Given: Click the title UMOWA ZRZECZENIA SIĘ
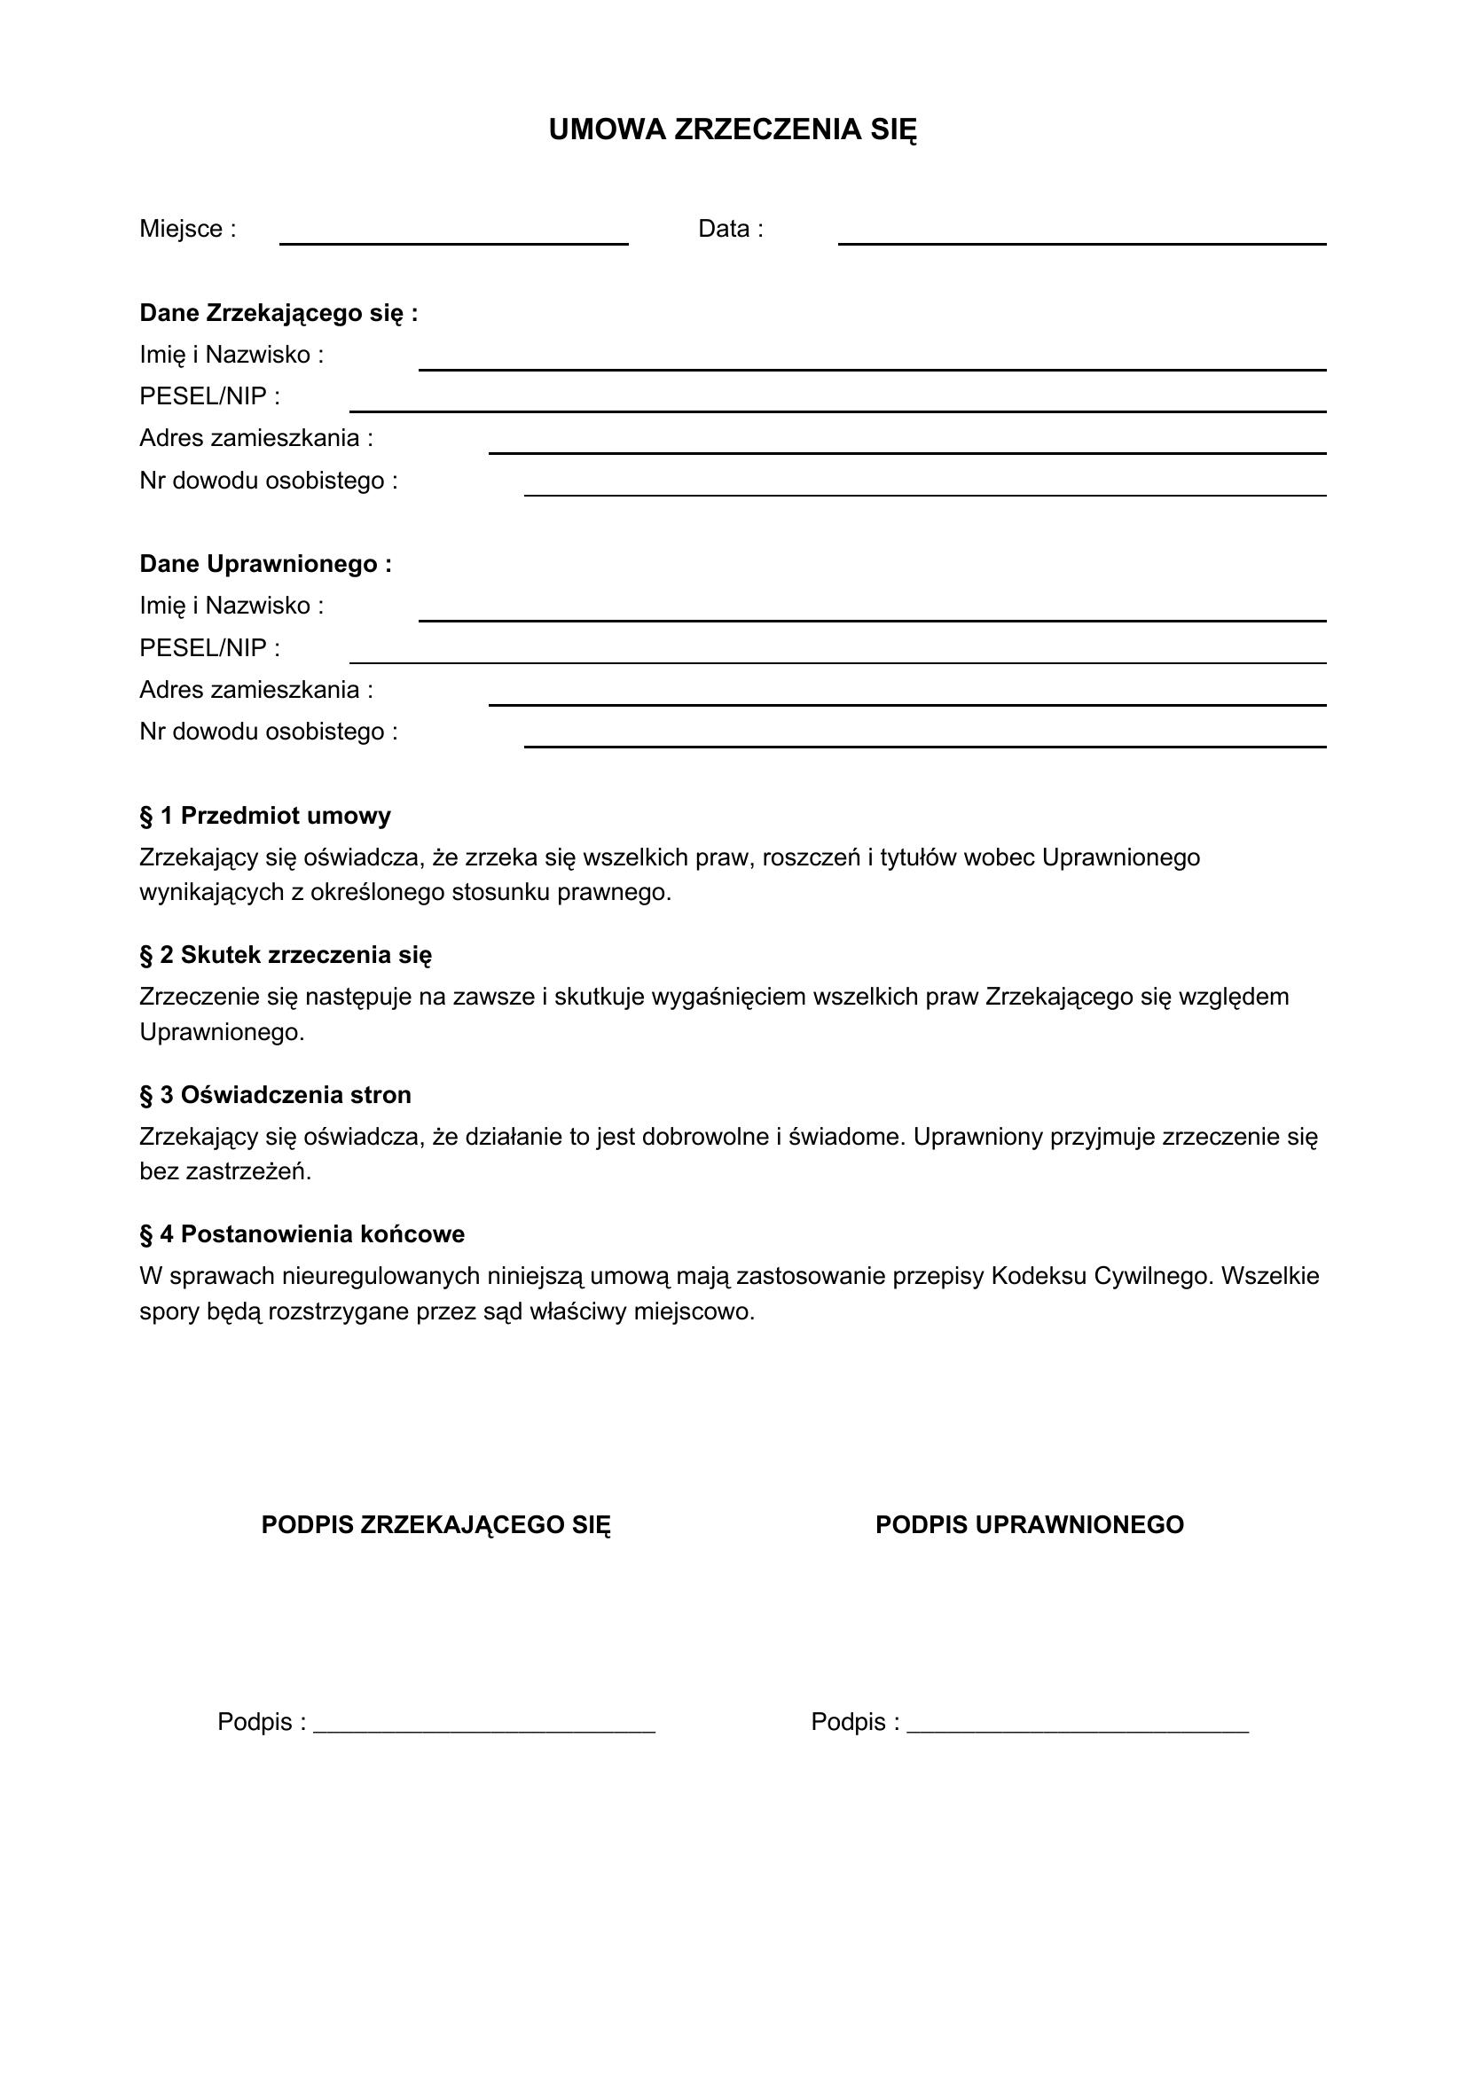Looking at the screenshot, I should click(x=733, y=130).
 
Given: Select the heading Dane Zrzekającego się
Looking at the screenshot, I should click(x=278, y=313).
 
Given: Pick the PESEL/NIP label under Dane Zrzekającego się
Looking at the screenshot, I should click(x=209, y=396).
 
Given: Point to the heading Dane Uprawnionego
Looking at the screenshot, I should click(x=265, y=565).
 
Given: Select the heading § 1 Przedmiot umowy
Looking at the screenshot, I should click(x=264, y=816).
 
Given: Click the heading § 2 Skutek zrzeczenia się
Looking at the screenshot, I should click(x=286, y=955).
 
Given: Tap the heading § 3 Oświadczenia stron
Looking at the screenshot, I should click(x=275, y=1095).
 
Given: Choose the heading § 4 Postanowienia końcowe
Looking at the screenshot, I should click(x=302, y=1234).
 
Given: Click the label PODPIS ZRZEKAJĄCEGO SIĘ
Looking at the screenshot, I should click(x=435, y=1525).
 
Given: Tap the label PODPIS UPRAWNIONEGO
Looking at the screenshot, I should click(x=1029, y=1525).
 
